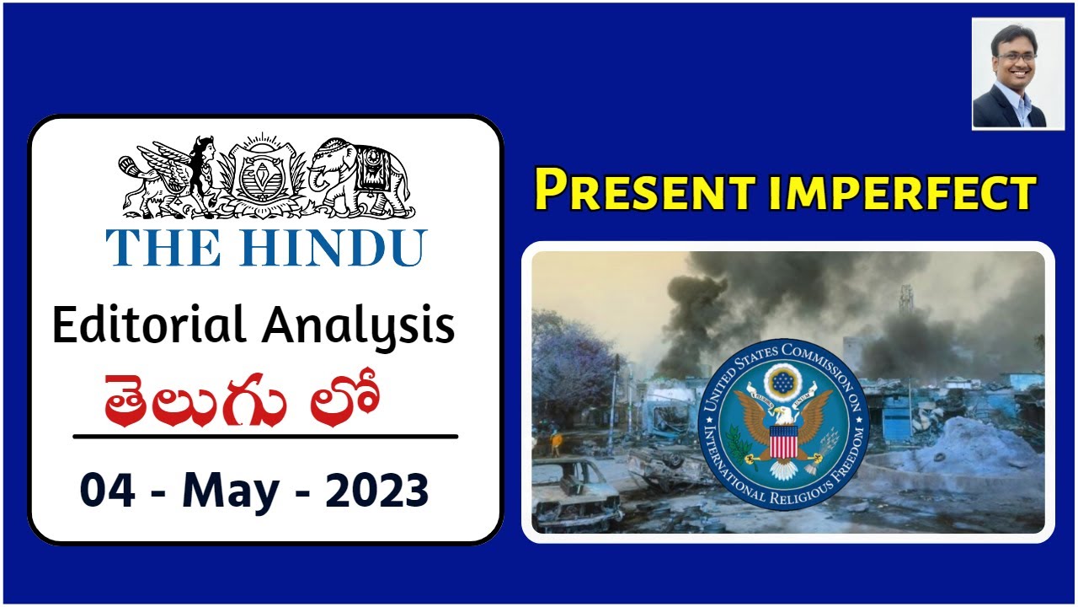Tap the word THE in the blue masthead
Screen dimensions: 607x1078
point(159,247)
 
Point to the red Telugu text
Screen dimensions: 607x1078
point(240,400)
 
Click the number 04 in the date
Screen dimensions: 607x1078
point(106,491)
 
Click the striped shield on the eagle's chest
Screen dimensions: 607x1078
point(784,441)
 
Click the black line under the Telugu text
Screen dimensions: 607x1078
point(265,437)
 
